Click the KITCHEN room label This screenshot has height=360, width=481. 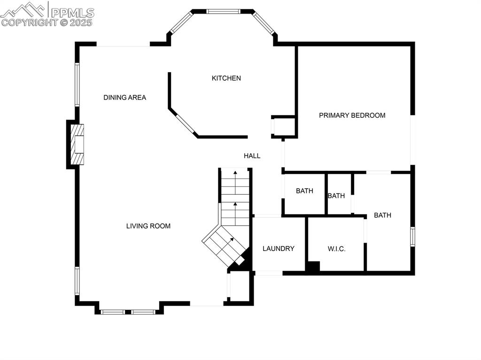tap(226, 78)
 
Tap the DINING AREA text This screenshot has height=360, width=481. tap(124, 98)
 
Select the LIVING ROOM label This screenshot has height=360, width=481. tap(148, 226)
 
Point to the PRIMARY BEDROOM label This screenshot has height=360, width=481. tap(352, 115)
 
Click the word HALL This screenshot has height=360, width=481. tap(252, 156)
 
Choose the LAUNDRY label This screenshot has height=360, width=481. tap(278, 249)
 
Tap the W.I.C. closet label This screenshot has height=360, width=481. tap(336, 249)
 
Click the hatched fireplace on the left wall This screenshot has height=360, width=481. tap(77, 144)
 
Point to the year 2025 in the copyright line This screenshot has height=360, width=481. tap(83, 22)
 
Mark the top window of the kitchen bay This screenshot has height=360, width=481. tap(224, 11)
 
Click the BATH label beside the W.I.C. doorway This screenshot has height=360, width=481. tap(382, 215)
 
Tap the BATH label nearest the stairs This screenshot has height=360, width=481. tap(304, 191)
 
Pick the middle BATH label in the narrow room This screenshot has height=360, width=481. tap(336, 196)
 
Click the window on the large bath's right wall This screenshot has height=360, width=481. tap(412, 237)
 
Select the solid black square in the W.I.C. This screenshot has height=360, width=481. tap(312, 266)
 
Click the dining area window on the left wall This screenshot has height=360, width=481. tap(78, 84)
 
